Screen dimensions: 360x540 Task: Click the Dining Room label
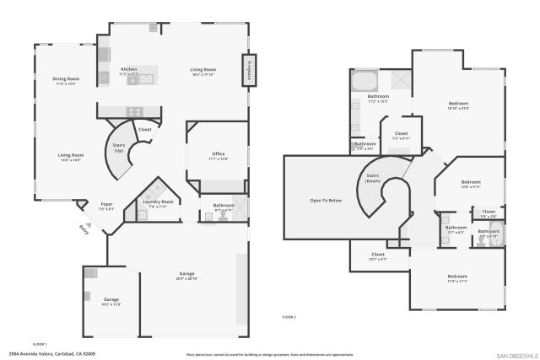66,80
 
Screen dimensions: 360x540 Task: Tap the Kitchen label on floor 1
129,70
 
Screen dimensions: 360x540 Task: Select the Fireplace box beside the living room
249,69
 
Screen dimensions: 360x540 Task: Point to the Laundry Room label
158,202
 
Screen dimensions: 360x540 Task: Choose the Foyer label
106,204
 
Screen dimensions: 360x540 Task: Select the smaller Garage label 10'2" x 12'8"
111,300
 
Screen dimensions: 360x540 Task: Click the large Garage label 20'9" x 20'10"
187,276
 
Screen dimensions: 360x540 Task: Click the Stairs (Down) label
373,179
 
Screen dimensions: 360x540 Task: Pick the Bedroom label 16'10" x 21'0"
458,105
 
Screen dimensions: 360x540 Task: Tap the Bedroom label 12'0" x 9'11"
470,183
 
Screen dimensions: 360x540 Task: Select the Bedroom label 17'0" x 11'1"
457,277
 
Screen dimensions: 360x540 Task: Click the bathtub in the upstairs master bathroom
364,83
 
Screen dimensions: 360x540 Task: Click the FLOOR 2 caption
289,316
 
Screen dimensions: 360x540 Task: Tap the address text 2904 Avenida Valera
50,353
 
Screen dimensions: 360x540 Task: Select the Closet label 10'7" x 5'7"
378,255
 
